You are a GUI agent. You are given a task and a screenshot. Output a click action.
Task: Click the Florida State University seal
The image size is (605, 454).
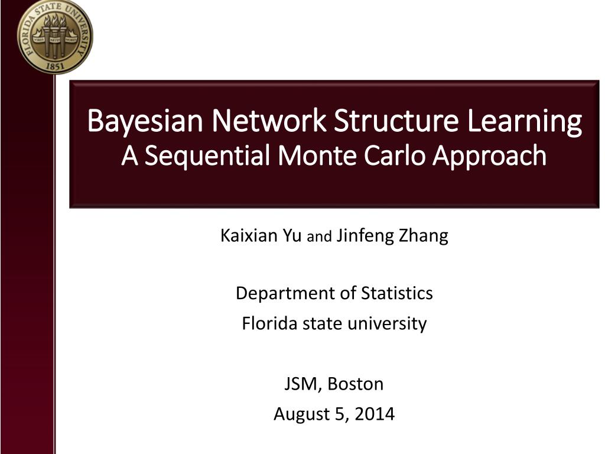55,37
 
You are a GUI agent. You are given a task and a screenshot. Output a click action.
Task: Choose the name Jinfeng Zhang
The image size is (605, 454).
392,236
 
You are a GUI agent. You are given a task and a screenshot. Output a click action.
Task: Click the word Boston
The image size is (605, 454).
356,384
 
